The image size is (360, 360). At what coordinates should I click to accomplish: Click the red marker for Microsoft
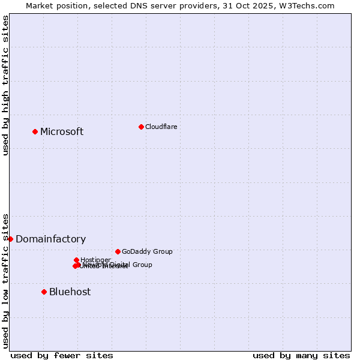(35, 131)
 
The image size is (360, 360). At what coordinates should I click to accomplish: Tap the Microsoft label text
(62, 132)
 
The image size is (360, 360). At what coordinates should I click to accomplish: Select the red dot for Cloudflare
(141, 127)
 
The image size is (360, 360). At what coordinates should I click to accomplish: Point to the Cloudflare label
(161, 127)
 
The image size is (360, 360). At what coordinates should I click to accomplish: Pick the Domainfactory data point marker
(10, 239)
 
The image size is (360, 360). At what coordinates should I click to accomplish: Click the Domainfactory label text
(50, 239)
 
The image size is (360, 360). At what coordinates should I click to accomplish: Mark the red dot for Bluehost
(44, 292)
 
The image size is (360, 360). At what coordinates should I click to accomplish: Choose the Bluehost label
(70, 292)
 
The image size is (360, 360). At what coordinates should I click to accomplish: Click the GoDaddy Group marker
(118, 251)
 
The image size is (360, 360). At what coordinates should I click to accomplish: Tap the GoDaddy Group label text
(147, 252)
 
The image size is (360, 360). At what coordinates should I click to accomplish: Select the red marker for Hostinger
(77, 260)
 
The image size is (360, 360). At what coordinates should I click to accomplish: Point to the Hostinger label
(95, 260)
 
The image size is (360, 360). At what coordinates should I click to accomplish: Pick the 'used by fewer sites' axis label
(62, 355)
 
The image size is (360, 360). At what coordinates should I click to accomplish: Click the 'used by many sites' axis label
(301, 355)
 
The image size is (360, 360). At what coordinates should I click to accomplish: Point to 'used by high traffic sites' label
(5, 86)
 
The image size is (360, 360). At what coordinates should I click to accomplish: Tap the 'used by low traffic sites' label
(5, 281)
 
